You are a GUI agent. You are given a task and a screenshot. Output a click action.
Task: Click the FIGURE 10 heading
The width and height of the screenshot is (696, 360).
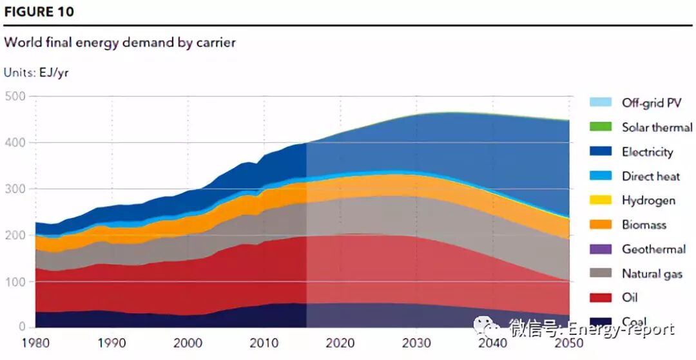39,12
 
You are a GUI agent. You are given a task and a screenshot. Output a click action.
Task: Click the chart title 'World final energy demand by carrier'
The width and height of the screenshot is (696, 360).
121,43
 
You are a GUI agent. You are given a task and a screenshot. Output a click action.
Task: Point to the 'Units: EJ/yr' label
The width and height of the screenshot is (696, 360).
36,73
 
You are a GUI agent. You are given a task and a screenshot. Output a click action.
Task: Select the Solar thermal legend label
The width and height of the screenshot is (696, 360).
657,128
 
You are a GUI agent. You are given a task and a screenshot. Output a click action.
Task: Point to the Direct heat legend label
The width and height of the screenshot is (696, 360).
651,176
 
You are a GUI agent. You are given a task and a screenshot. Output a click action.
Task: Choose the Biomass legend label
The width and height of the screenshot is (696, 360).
644,225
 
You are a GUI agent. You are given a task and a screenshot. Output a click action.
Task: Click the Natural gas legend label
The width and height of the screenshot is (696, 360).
652,274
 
